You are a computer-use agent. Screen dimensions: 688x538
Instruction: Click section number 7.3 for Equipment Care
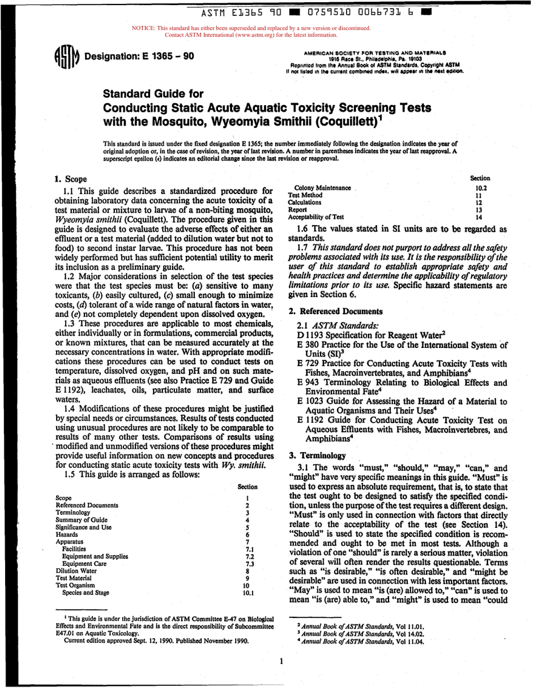[248, 564]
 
